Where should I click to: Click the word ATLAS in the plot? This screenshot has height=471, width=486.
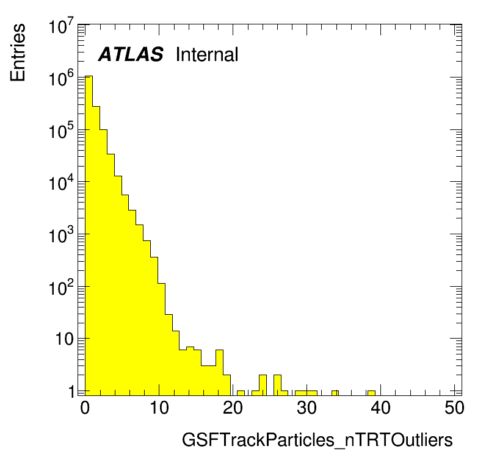coord(131,54)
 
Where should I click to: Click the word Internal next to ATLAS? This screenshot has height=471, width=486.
coord(207,54)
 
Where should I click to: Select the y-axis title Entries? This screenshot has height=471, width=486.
coord(18,52)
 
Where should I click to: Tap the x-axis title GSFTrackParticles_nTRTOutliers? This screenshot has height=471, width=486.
coord(317,440)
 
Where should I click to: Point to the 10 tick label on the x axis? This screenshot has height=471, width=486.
coord(159,408)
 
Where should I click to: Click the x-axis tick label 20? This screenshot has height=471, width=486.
coord(233,408)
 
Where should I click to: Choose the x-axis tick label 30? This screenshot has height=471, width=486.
coord(306,408)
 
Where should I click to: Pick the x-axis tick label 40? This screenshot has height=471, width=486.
coord(380,408)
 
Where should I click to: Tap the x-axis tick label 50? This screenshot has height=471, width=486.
coord(454,408)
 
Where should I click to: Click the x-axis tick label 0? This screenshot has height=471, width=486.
coord(85,408)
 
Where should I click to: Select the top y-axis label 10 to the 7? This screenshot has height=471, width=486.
coord(62,26)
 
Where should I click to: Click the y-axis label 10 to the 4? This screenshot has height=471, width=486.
coord(62,182)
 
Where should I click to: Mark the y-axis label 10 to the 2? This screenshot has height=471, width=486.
coord(62,287)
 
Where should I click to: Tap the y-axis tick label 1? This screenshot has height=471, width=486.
coord(71,392)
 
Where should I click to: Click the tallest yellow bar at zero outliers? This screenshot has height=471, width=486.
coord(89,235)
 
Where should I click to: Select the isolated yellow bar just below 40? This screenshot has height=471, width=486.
coord(371,393)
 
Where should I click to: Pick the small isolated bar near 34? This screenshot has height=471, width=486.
coord(335,393)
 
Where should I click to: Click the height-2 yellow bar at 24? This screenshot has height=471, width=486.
coord(263,385)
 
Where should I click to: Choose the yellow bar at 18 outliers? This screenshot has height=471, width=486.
coord(219,373)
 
